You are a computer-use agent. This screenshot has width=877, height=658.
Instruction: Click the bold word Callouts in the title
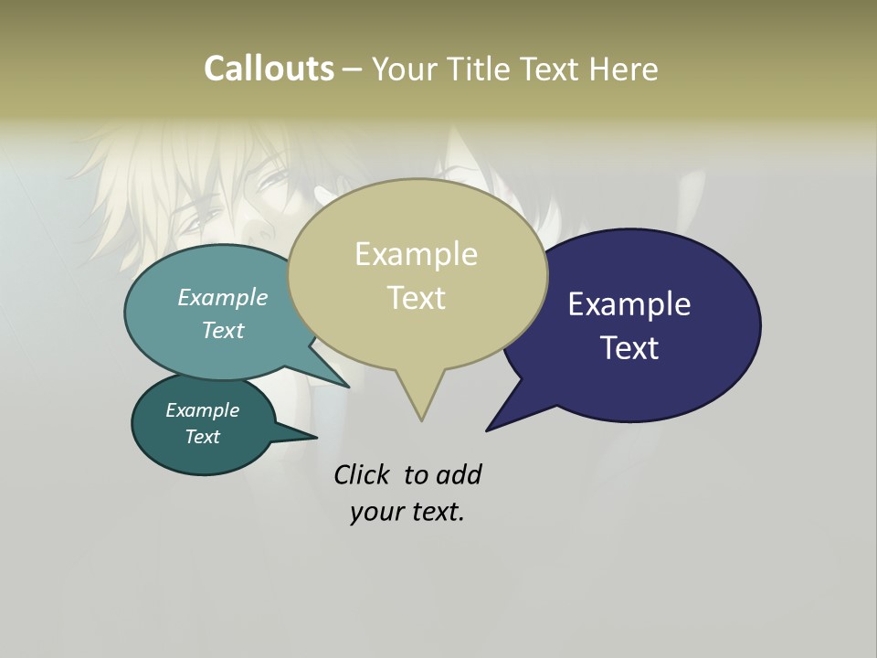point(269,69)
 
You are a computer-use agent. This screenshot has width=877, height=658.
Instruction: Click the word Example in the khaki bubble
point(416,254)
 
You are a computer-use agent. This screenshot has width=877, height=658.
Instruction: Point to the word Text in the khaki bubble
point(416,298)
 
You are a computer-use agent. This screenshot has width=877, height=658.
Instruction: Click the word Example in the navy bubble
point(629,304)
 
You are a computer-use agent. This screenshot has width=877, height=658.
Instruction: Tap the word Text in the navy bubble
point(629,348)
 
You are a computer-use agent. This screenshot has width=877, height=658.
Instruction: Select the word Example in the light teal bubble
point(223,298)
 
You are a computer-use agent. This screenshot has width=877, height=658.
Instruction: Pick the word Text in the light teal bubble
point(223,330)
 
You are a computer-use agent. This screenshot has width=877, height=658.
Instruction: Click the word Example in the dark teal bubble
point(203,410)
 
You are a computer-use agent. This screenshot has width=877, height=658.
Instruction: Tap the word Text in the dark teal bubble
point(203,437)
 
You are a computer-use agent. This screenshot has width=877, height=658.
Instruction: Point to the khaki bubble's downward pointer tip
point(421,420)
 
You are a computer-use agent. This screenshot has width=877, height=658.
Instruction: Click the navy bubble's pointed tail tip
point(487,430)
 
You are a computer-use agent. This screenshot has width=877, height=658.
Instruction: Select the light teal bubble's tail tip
point(349,387)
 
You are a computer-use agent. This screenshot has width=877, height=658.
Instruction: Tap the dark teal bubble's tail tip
point(316,437)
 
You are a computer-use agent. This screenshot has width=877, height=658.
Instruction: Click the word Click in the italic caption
point(363,475)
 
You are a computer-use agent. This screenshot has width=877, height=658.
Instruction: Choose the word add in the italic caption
point(460,475)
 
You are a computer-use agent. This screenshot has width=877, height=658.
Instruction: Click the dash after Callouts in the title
point(353,69)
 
